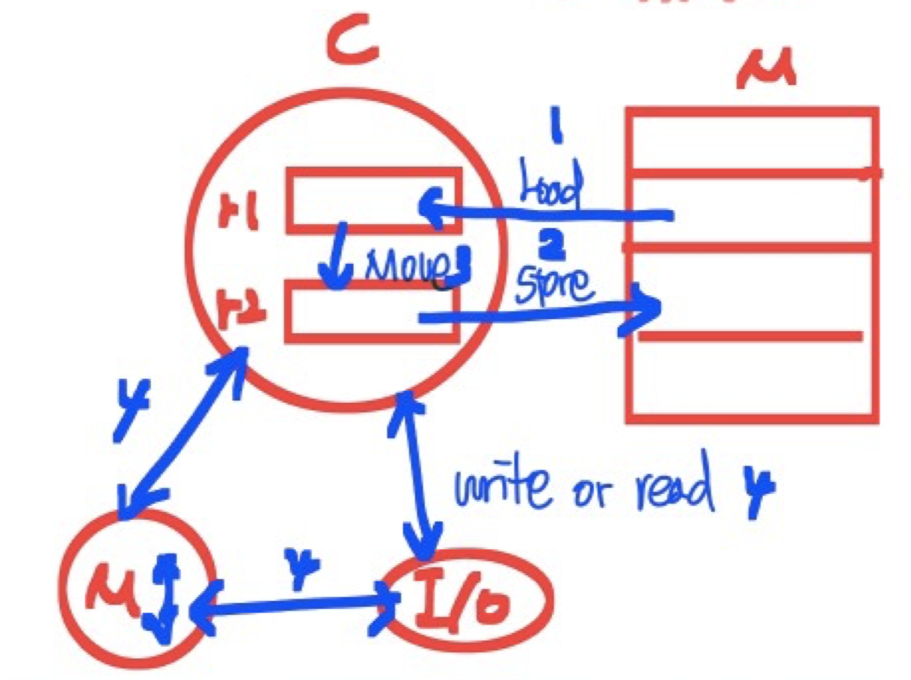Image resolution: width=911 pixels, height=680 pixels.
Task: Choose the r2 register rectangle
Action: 372,312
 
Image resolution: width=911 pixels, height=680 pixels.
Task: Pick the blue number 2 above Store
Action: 556,241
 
